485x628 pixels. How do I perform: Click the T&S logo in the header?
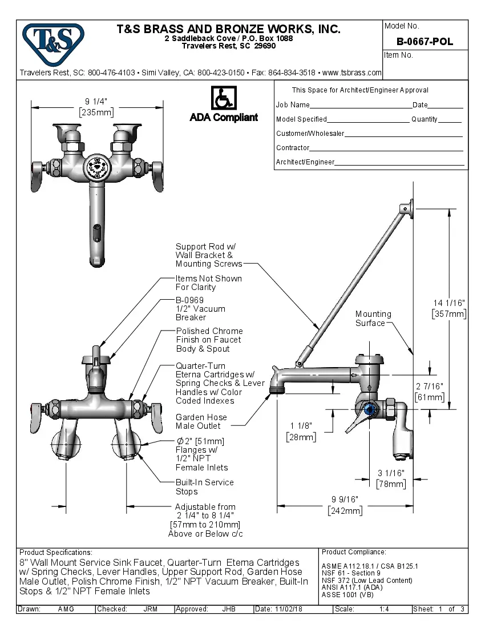coord(53,42)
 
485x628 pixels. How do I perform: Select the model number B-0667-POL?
coord(425,42)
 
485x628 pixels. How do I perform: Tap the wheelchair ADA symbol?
coord(224,98)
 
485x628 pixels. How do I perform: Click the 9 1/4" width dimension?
coord(96,102)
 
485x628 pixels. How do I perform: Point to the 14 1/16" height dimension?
coord(449,303)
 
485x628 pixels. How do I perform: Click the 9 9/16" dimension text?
coord(345,499)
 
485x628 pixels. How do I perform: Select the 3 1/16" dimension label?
coord(391,473)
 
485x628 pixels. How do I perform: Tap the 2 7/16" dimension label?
coord(429,387)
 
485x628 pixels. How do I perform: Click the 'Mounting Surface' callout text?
coord(373,319)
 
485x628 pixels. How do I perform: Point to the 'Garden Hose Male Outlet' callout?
coord(201,421)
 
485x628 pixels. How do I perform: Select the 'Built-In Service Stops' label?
coord(204,487)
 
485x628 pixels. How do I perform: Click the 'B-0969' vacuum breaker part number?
coord(189,300)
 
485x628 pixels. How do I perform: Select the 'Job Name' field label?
coord(293,105)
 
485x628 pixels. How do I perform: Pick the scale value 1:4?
coord(384,609)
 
